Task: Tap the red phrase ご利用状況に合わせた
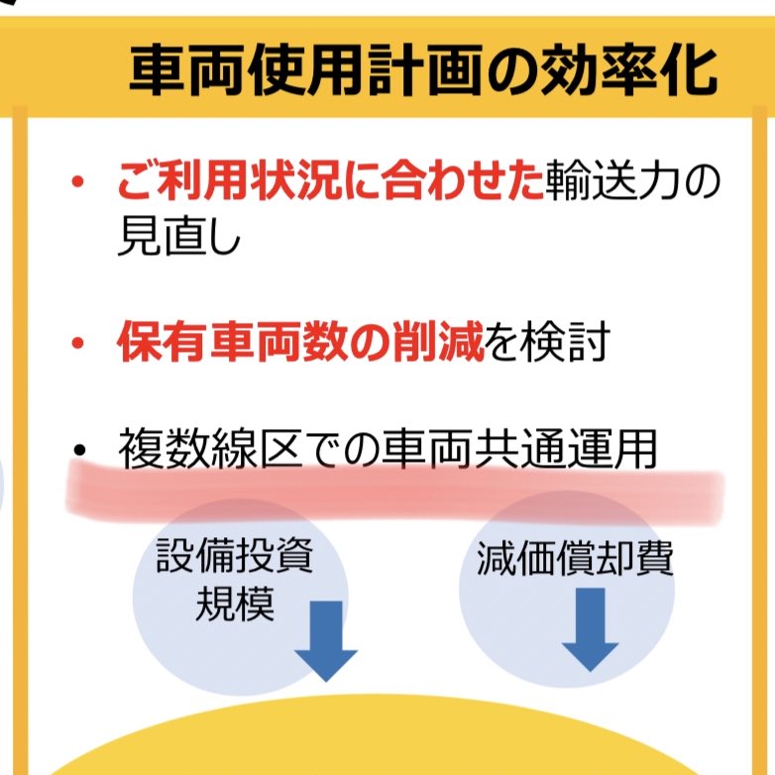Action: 330,185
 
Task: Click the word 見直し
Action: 178,238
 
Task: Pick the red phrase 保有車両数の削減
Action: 300,343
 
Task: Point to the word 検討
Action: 567,343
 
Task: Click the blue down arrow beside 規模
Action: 325,638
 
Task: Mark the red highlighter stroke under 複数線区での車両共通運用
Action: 396,492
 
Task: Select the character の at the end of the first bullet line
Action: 701,185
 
